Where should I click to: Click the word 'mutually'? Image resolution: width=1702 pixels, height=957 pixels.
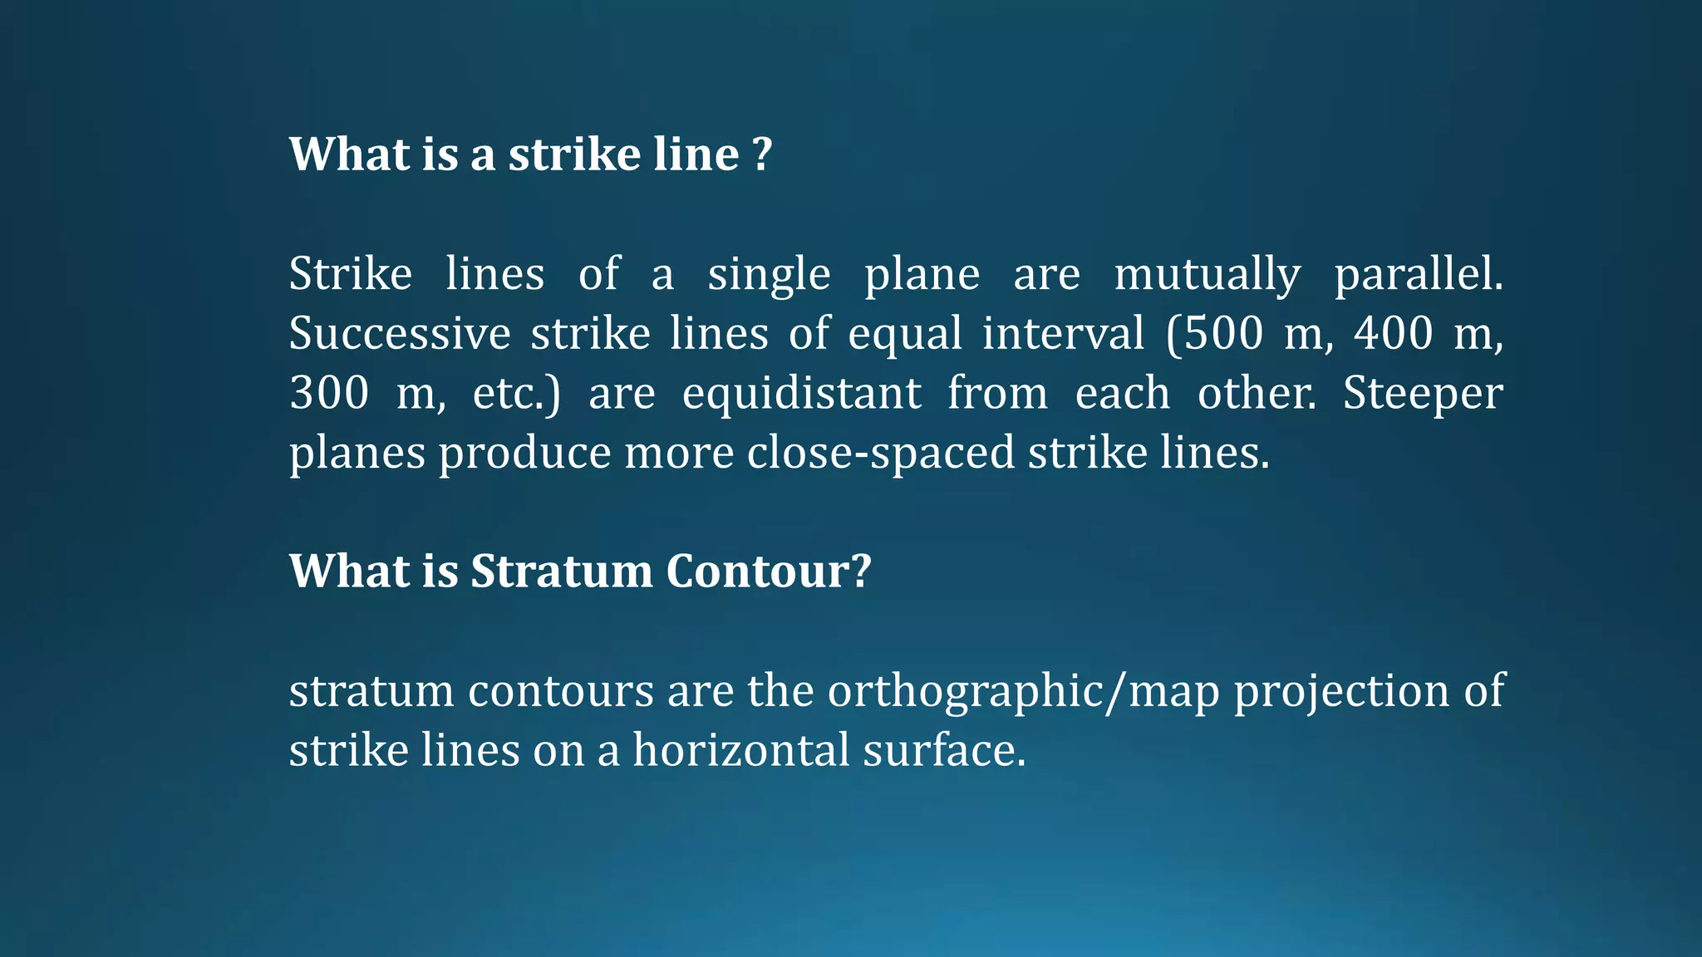1207,274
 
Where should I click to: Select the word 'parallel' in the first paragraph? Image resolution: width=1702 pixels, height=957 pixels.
1418,274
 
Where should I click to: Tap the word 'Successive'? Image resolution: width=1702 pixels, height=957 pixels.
400,334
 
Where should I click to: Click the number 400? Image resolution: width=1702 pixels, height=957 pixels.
1394,334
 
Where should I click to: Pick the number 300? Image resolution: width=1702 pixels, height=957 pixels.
329,394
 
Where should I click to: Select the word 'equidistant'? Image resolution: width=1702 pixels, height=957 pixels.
802,394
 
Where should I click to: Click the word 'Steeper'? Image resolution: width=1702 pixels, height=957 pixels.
1423,394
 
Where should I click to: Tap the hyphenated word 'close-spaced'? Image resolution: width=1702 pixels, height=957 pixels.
881,454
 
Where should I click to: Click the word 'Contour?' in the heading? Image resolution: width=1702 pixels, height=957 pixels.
769,572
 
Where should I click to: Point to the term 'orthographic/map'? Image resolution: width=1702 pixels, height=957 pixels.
1023,691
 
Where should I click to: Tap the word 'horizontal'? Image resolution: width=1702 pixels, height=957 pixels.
740,751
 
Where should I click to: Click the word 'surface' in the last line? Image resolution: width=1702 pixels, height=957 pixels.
943,751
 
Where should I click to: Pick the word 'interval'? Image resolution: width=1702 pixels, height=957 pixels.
1063,334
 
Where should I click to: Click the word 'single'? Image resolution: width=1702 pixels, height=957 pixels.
769,274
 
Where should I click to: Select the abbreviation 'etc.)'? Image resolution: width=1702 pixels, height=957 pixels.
517,394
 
